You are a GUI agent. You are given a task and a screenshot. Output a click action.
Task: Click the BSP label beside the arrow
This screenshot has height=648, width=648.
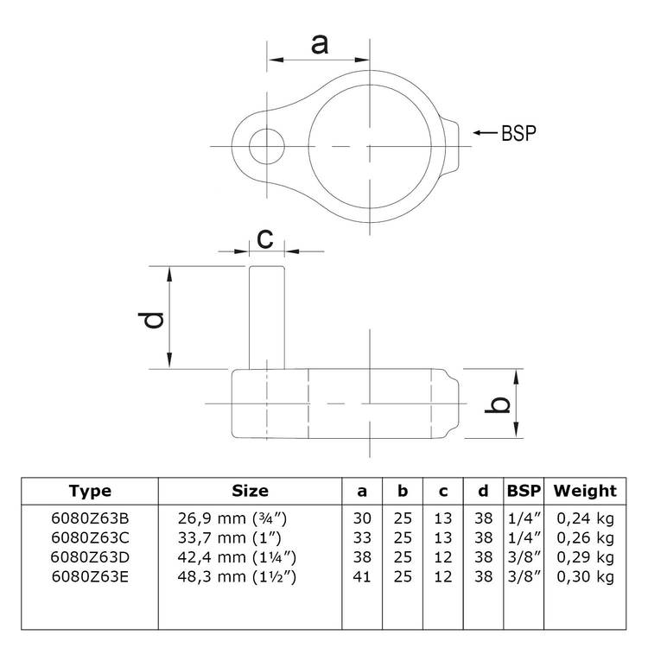tap(518, 133)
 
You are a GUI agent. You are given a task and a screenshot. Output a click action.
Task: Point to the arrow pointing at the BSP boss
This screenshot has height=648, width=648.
tap(486, 133)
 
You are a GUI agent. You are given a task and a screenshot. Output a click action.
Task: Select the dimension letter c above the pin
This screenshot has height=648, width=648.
tap(265, 238)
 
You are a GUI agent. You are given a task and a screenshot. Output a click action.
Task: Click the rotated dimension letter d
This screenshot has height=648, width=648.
tap(151, 321)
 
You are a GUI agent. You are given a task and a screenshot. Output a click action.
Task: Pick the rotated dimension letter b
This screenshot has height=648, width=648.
tap(497, 404)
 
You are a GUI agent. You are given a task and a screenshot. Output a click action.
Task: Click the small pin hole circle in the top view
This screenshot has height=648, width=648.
tap(267, 146)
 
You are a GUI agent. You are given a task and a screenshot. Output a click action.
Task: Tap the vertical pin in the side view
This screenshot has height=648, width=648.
tap(267, 317)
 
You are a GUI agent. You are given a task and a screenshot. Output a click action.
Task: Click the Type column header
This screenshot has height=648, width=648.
tap(90, 492)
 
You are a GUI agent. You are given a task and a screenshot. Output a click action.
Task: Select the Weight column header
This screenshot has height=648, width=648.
tap(585, 491)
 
